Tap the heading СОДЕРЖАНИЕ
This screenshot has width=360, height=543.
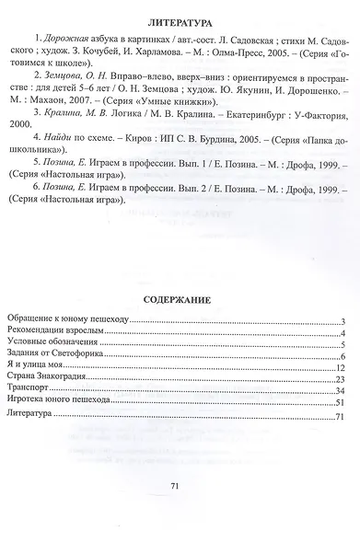pyautogui.click(x=181, y=300)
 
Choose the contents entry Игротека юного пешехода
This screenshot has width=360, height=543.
pyautogui.click(x=60, y=403)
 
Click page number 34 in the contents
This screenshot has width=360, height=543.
pyautogui.click(x=339, y=391)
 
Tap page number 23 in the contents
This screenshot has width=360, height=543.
pyautogui.click(x=339, y=379)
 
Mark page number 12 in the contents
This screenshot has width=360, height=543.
pyautogui.click(x=339, y=367)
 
